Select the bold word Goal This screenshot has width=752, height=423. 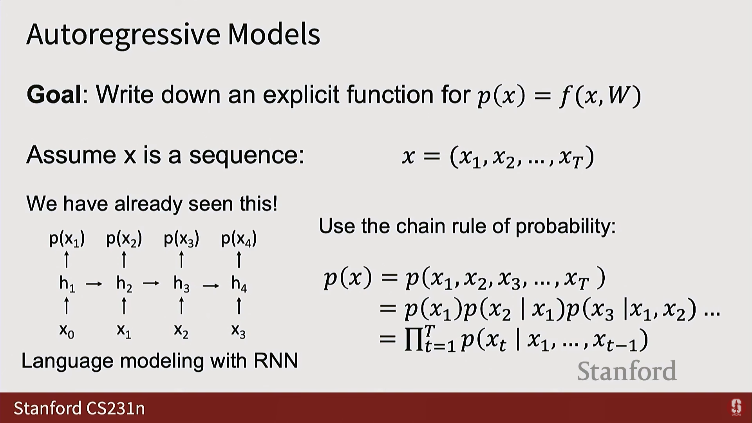(x=54, y=94)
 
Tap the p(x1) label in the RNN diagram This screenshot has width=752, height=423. (x=67, y=239)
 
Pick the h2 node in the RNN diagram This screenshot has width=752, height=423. (x=124, y=283)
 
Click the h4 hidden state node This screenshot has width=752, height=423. (x=239, y=283)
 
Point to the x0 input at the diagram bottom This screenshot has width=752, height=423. (x=67, y=331)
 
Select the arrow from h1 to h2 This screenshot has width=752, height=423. (x=94, y=284)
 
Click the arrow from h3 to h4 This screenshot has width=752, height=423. (x=211, y=286)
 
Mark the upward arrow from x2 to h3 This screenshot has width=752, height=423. (x=181, y=305)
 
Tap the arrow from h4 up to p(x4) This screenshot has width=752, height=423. (x=239, y=260)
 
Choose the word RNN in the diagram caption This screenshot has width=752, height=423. (x=276, y=361)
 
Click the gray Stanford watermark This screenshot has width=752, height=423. (x=627, y=371)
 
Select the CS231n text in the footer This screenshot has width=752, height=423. (x=116, y=408)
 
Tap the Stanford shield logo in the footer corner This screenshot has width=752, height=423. (x=736, y=407)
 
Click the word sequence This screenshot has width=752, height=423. (x=247, y=156)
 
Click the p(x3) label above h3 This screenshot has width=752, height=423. (x=181, y=239)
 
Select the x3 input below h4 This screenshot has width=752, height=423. (x=239, y=331)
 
